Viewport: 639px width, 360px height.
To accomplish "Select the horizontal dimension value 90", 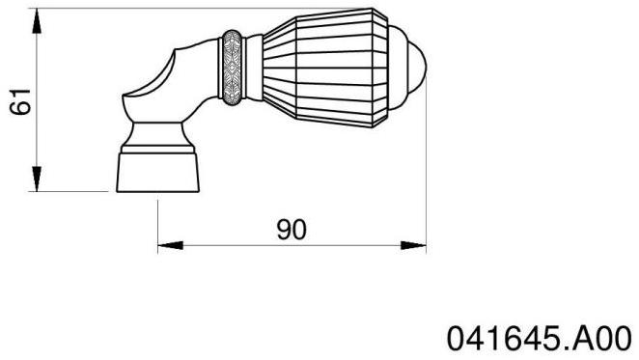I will coord(292,230).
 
